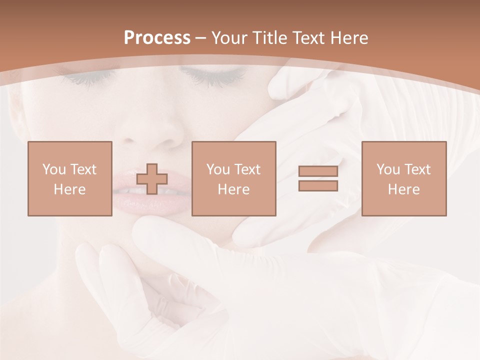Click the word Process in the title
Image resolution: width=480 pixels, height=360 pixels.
click(x=157, y=38)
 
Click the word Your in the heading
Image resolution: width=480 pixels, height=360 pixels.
click(x=229, y=38)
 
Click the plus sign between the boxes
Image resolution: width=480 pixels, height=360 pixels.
click(x=152, y=179)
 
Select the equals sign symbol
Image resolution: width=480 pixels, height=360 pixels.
click(x=318, y=178)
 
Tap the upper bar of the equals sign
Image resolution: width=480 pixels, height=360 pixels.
click(x=318, y=171)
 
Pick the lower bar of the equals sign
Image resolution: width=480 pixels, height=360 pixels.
click(x=318, y=186)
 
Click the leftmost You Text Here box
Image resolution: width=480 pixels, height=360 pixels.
click(x=70, y=178)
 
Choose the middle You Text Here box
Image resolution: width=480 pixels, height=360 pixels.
click(x=233, y=178)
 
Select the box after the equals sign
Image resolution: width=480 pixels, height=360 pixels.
click(x=403, y=178)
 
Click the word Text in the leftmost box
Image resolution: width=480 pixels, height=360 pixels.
click(x=83, y=169)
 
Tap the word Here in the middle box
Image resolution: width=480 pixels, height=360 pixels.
click(x=233, y=189)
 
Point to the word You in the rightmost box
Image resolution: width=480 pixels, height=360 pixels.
click(x=387, y=169)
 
